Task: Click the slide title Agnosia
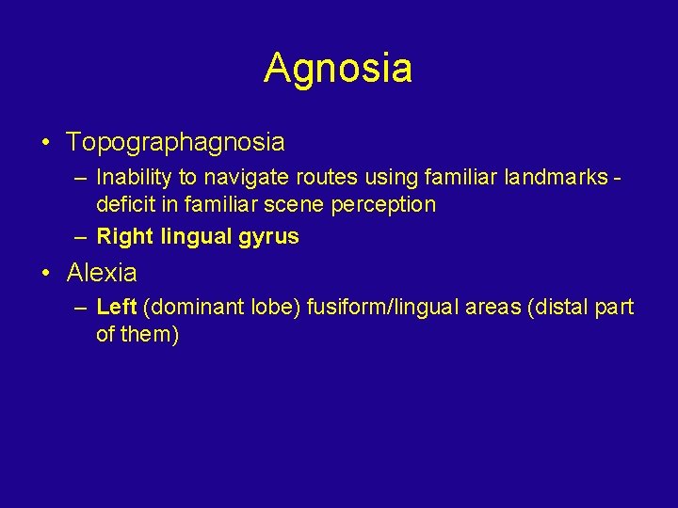pyautogui.click(x=338, y=69)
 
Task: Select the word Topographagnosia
pyautogui.click(x=175, y=143)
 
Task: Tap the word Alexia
pyautogui.click(x=102, y=274)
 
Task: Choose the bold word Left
pyautogui.click(x=117, y=307)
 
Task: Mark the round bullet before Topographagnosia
pyautogui.click(x=45, y=143)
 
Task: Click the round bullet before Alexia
pyautogui.click(x=45, y=274)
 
